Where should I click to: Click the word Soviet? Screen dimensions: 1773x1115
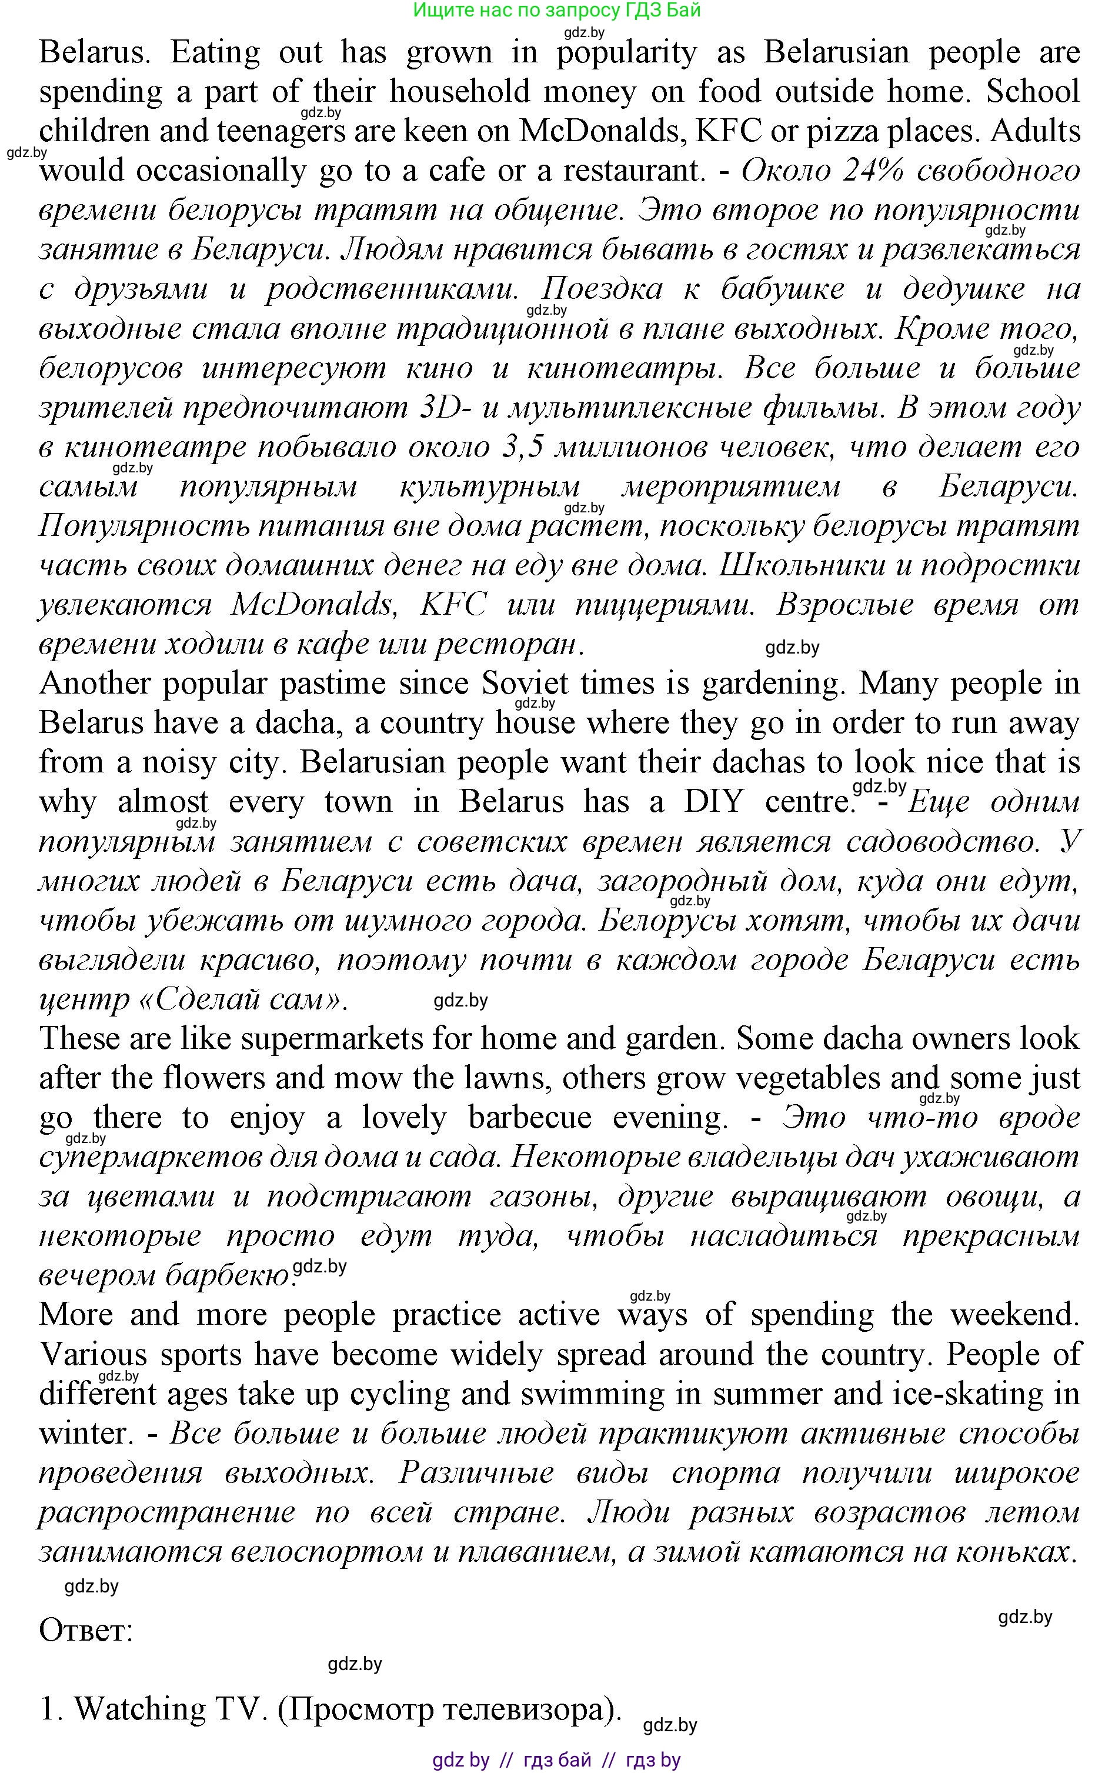525,684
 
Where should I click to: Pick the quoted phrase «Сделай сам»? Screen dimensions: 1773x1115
240,999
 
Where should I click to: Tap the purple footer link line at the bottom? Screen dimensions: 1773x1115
556,1759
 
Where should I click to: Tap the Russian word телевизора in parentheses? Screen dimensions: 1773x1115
520,1709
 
